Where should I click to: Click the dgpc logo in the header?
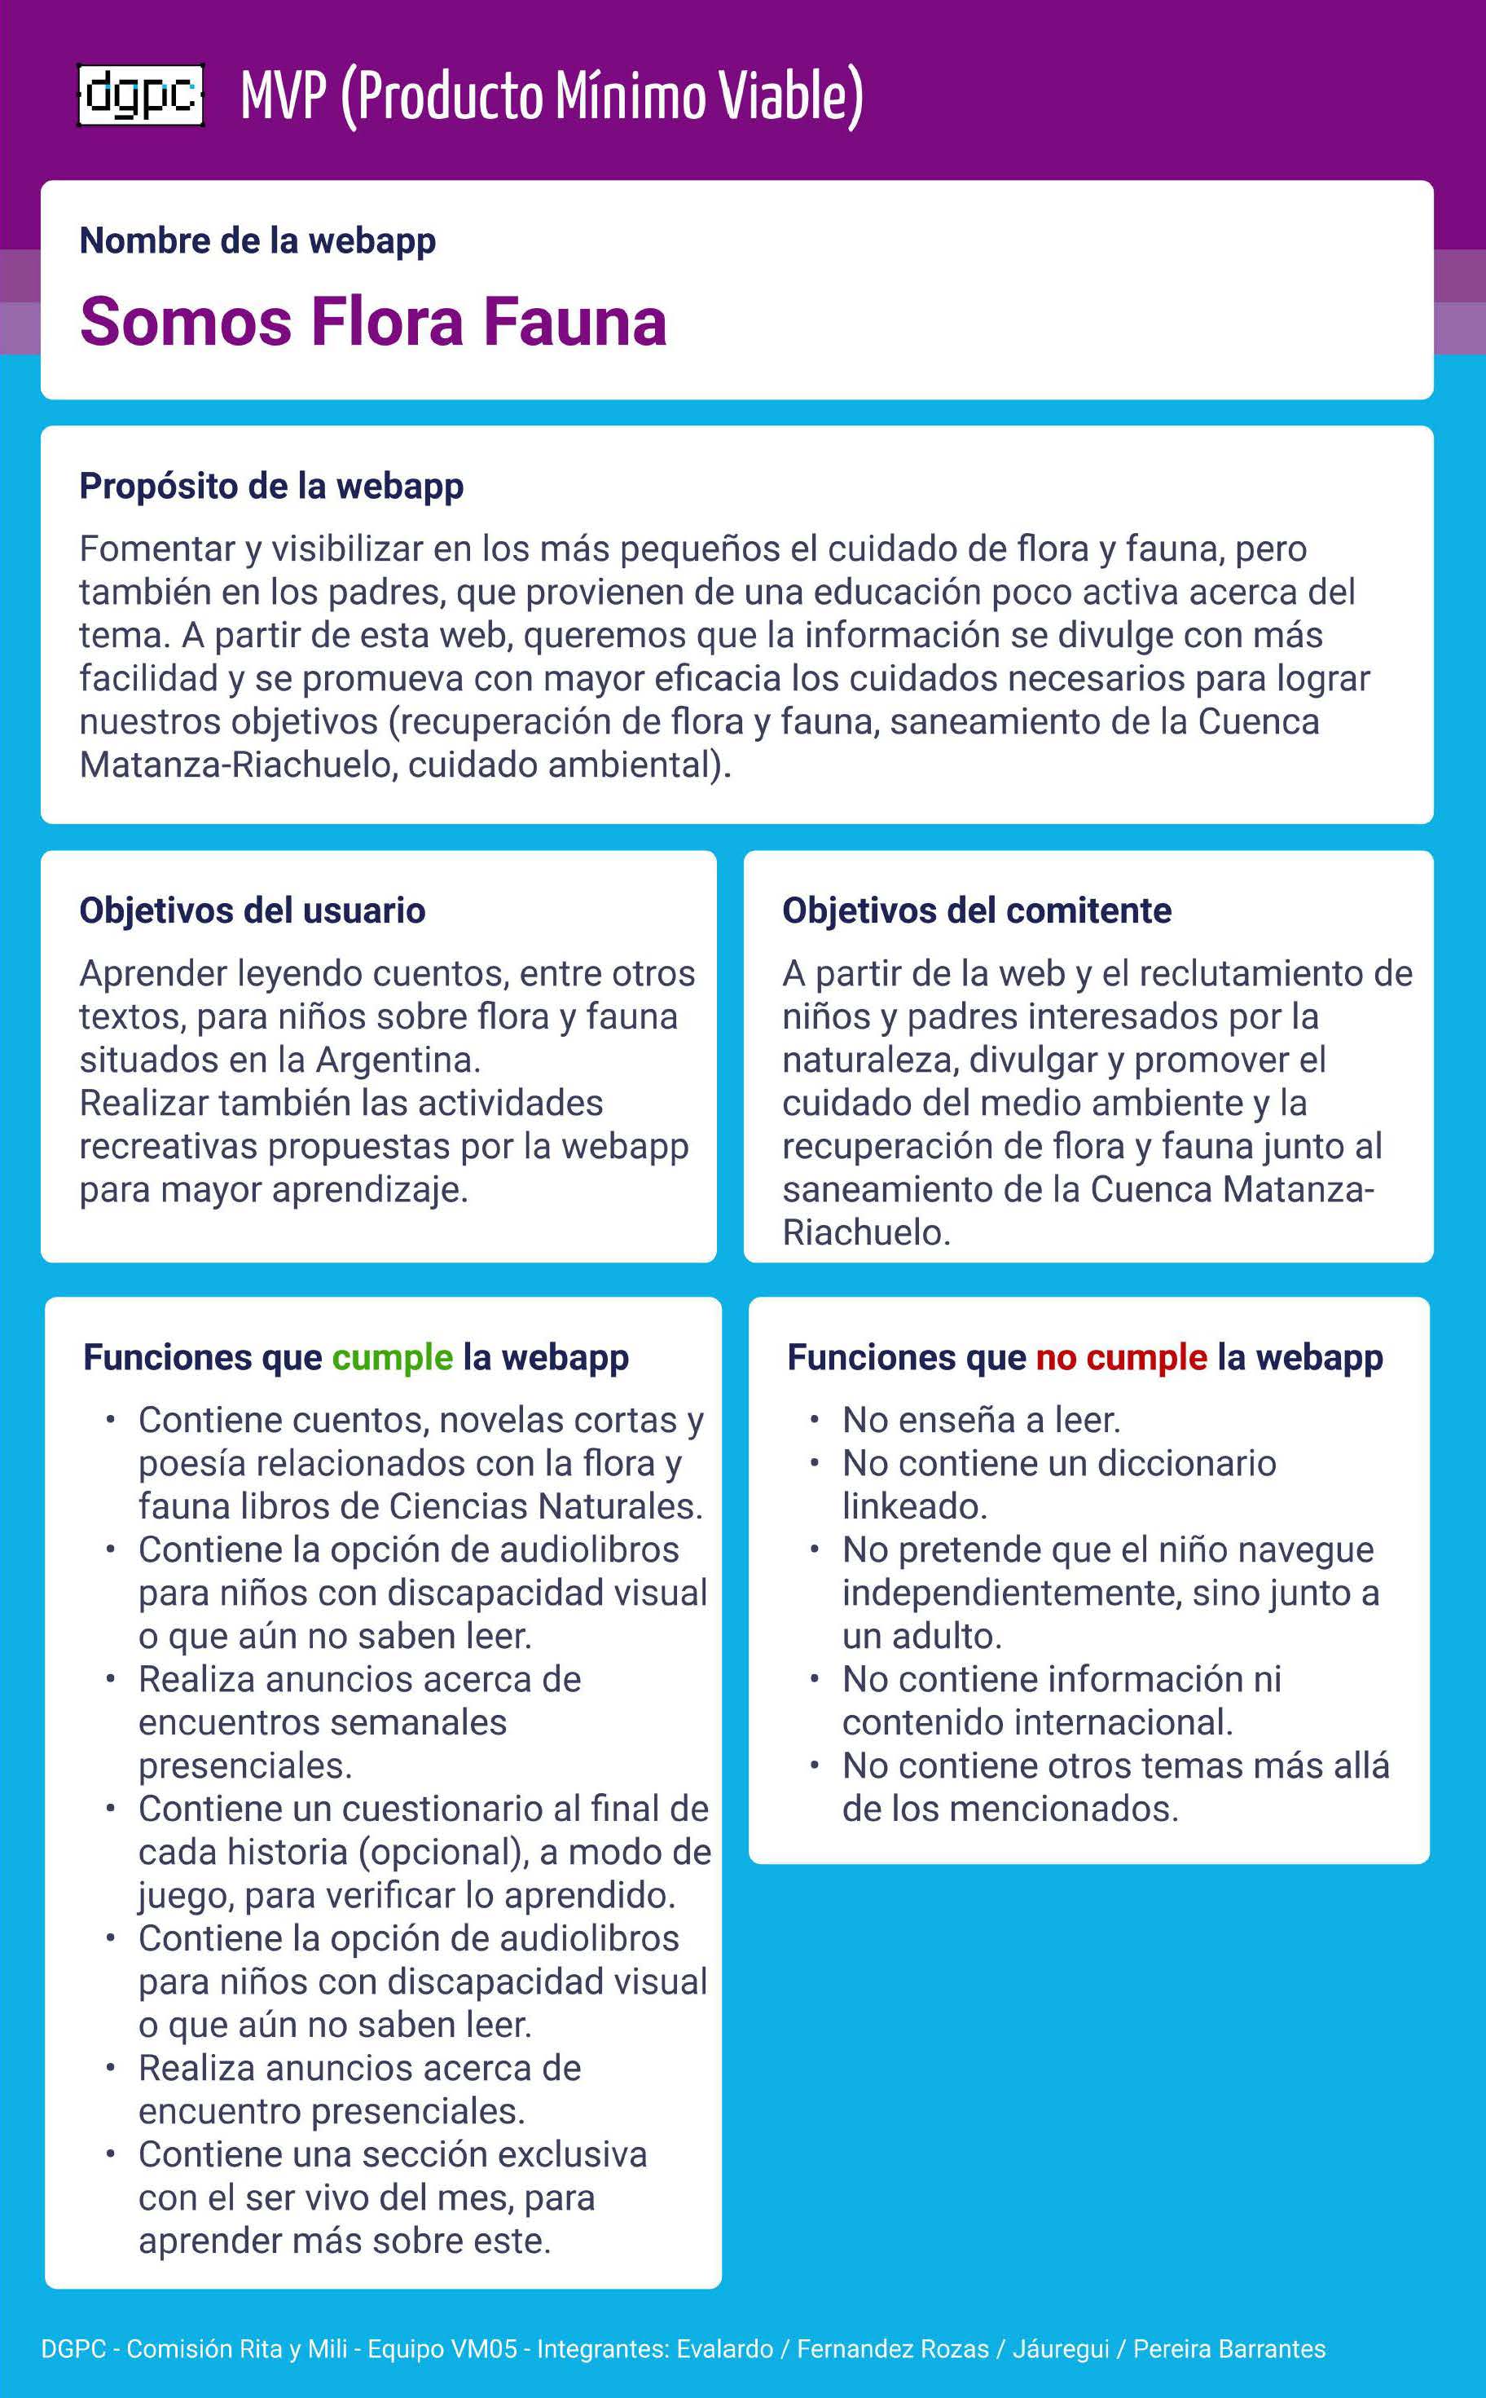141,96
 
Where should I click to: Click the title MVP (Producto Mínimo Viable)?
552,96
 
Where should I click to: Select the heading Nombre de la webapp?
257,241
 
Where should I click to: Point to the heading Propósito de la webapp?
271,486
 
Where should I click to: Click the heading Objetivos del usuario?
253,910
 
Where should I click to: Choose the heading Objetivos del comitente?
976,910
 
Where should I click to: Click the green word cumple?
392,1357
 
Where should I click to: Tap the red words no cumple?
1120,1357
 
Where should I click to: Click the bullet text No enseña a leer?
981,1420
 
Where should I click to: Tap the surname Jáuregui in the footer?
1061,2349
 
